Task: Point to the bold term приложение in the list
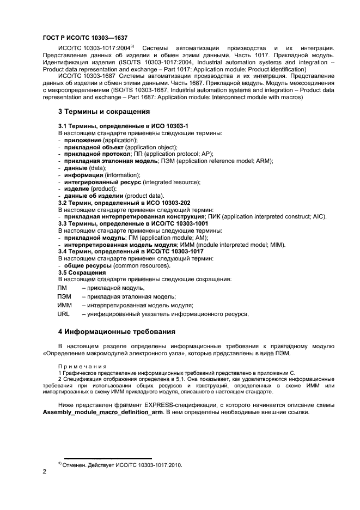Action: [83, 140]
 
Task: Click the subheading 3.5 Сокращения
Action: [82, 272]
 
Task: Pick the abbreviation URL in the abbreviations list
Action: [64, 314]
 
